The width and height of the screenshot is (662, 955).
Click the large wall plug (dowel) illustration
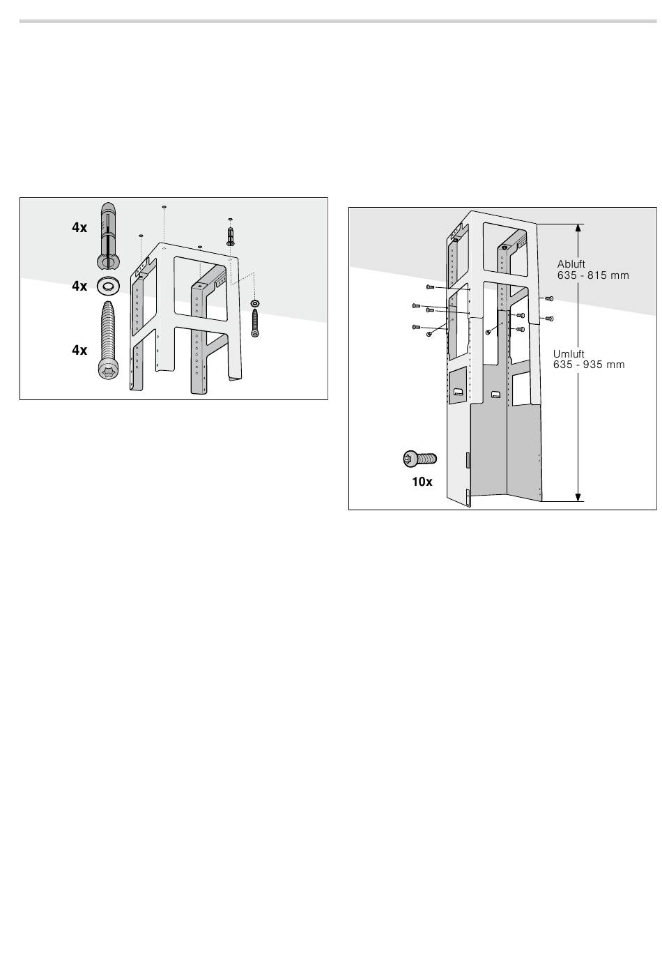[x=108, y=236]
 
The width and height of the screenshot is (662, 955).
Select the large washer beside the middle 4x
[x=108, y=286]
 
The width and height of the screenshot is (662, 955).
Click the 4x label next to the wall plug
[x=79, y=228]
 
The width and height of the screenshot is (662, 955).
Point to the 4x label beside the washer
[x=79, y=286]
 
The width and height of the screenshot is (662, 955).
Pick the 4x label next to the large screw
[x=79, y=350]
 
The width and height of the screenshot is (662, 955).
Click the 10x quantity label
[x=422, y=482]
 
